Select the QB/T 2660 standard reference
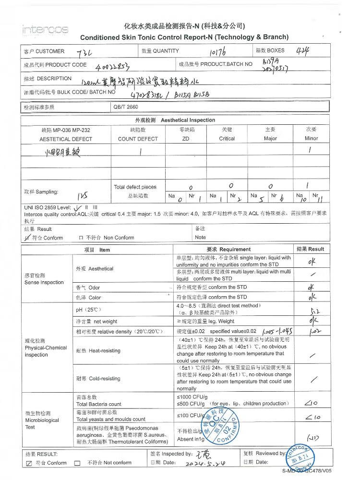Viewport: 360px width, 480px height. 126,107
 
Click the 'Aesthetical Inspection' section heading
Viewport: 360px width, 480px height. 175,120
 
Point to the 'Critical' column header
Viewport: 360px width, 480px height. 227,138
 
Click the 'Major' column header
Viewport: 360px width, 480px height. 270,138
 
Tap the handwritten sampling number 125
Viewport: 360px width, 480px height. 82,195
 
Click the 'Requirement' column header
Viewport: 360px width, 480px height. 228,249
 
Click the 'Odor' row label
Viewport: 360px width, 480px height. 87,288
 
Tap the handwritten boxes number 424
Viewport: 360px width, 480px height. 303,50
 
